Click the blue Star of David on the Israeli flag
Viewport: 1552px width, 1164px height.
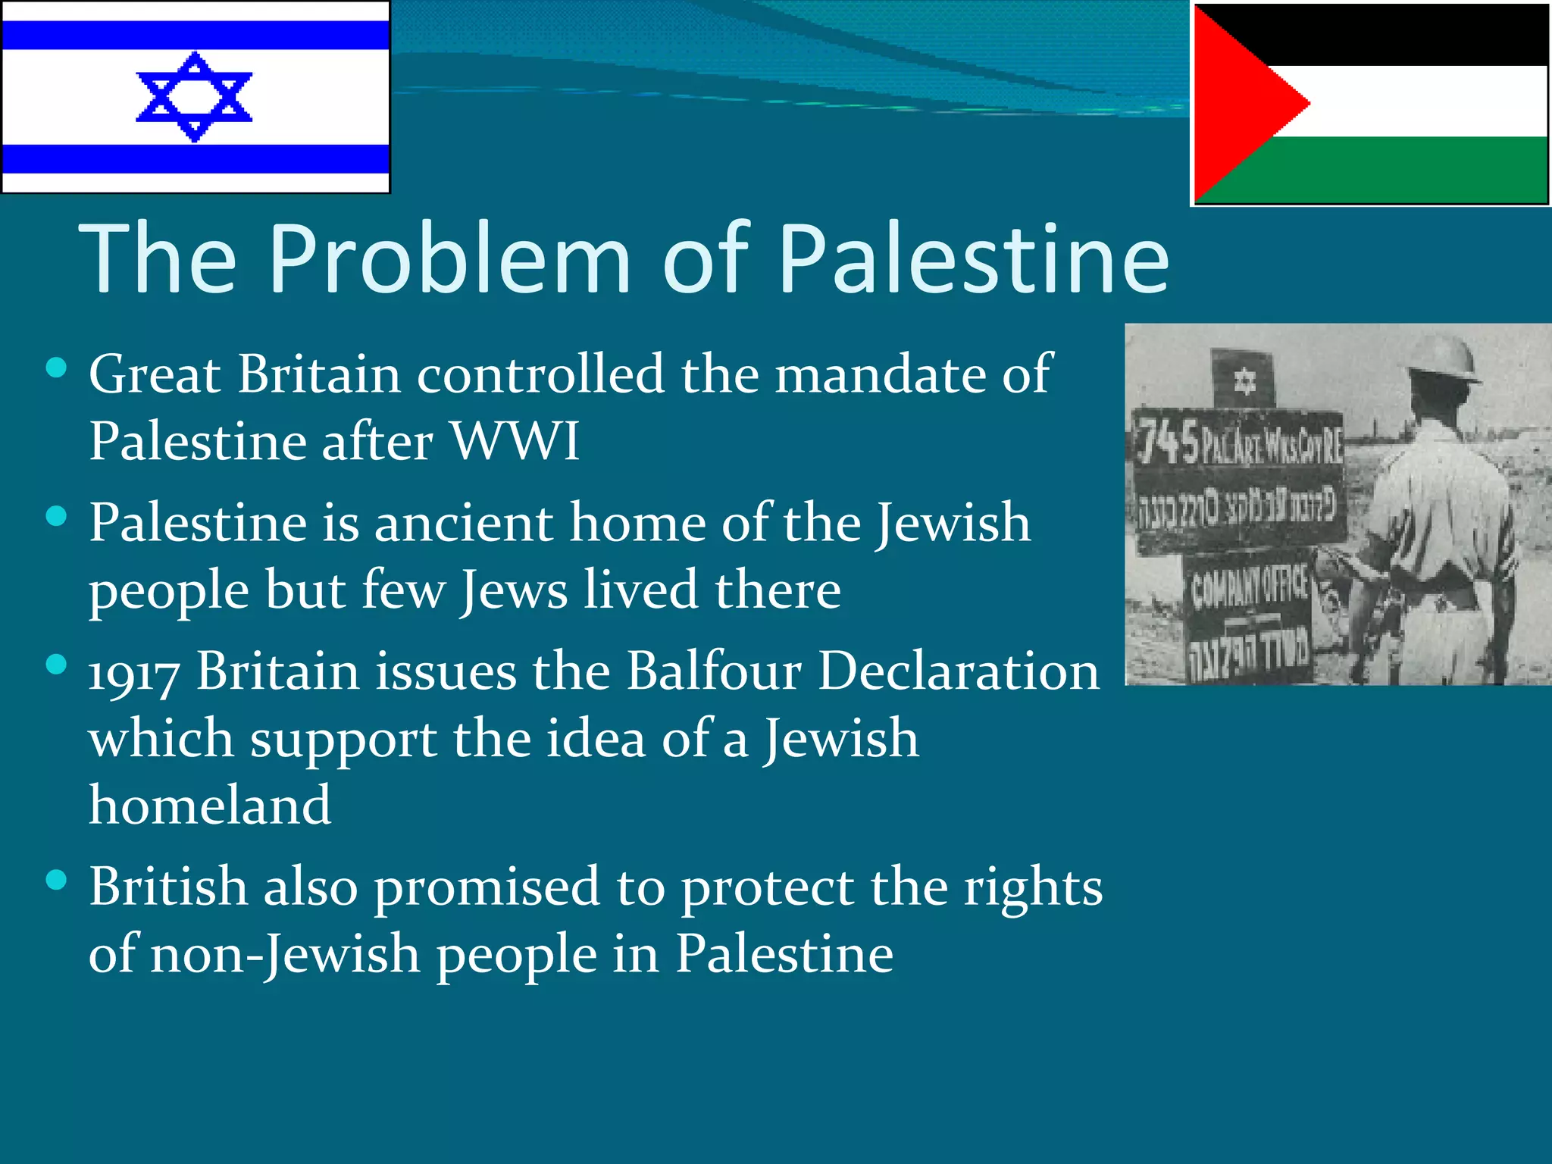pos(194,97)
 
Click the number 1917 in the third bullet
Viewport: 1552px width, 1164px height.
pos(134,673)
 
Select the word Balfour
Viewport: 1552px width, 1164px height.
pos(714,671)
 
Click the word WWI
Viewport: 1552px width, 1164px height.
pos(515,441)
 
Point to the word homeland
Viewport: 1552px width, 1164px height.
pos(210,805)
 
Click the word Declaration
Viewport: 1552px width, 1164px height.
pos(959,671)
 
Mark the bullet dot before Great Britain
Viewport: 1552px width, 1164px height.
pos(57,368)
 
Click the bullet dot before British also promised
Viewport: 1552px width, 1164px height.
pos(57,880)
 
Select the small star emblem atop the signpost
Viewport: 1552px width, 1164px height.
pos(1244,380)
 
